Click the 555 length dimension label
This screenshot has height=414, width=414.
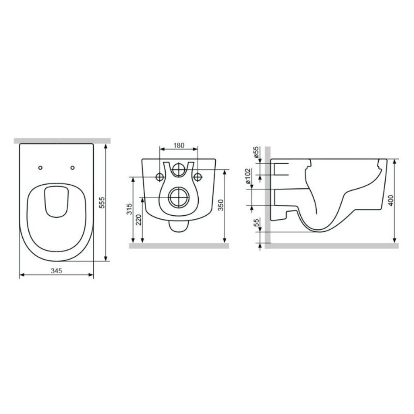[102, 202]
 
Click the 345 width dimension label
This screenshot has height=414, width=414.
[57, 271]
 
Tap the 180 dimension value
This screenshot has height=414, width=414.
[179, 146]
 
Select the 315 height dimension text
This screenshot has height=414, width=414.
[129, 209]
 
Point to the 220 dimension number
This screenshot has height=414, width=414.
[139, 220]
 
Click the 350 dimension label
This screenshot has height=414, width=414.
[221, 205]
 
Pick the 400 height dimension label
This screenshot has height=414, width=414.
[391, 200]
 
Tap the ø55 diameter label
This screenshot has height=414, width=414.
[256, 153]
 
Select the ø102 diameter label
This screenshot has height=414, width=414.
[248, 176]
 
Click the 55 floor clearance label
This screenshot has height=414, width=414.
[256, 222]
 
